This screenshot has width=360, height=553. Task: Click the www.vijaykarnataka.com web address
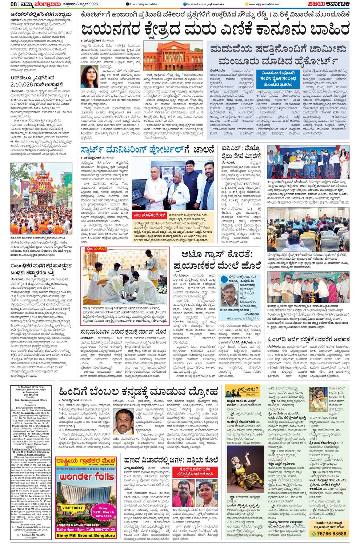(264, 4)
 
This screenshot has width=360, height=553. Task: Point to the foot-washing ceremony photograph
(125, 277)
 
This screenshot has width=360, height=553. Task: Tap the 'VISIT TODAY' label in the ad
(73, 508)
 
